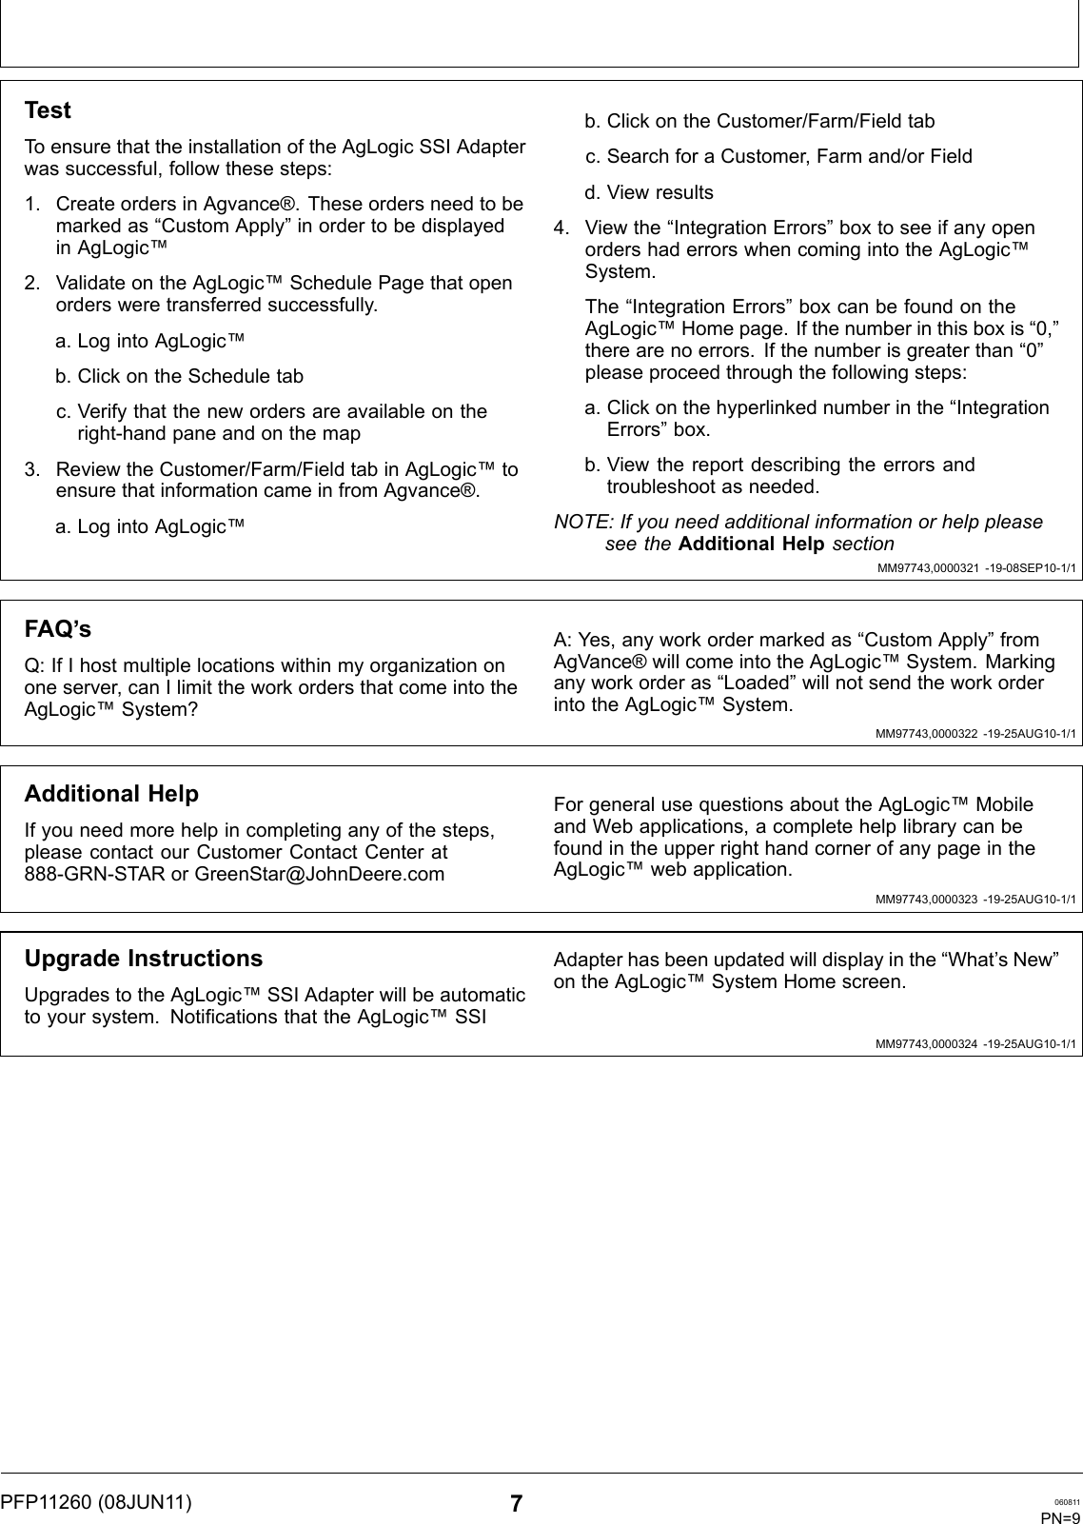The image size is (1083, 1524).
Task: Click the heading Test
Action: tap(48, 110)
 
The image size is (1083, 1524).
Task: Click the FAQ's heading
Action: tap(58, 630)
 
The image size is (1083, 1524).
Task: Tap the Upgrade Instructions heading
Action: tap(143, 959)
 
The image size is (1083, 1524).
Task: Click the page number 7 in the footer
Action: tap(516, 1504)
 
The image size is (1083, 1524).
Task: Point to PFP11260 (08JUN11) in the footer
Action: tap(95, 1502)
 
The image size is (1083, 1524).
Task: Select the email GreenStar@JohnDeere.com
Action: tap(319, 874)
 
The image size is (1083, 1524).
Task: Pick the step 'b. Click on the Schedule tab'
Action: tap(179, 376)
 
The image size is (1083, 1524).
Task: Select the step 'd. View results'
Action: tap(648, 192)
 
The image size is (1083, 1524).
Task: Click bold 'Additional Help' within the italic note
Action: tap(752, 544)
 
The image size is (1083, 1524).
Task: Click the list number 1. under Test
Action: tap(32, 204)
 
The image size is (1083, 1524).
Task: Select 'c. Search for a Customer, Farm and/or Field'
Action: tap(778, 156)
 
